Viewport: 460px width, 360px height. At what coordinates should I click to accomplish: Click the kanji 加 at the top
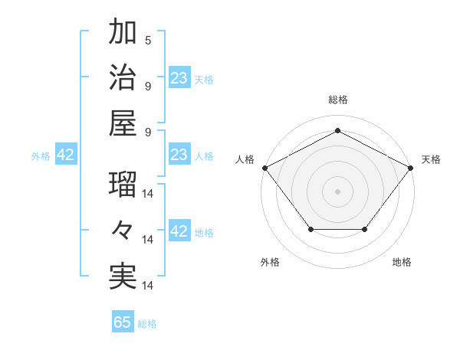click(x=123, y=33)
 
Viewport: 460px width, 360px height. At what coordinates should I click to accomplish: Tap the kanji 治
click(x=123, y=79)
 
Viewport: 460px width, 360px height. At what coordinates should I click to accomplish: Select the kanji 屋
click(x=123, y=124)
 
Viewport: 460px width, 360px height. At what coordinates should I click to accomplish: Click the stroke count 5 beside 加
click(x=148, y=41)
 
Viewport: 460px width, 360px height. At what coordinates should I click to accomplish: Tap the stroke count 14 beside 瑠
click(x=149, y=194)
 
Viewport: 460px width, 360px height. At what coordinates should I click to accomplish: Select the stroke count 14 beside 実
click(x=149, y=286)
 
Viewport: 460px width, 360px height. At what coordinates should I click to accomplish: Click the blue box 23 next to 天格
click(x=179, y=78)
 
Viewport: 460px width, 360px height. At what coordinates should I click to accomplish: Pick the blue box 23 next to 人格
click(x=179, y=155)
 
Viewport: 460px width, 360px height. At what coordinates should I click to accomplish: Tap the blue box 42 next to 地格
click(x=179, y=232)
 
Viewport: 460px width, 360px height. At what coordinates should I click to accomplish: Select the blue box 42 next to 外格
click(x=66, y=155)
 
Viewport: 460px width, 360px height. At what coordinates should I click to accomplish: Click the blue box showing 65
click(x=123, y=322)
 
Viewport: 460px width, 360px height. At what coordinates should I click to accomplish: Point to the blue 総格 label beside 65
click(x=147, y=324)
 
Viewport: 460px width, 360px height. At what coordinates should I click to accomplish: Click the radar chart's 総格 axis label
click(x=337, y=100)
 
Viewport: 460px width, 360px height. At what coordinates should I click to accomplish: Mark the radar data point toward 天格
click(x=411, y=167)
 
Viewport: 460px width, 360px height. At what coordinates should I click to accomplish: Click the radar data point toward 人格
click(x=264, y=167)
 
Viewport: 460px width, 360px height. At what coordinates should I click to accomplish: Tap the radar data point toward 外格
click(x=310, y=229)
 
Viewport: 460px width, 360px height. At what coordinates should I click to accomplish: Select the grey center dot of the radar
click(x=337, y=191)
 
